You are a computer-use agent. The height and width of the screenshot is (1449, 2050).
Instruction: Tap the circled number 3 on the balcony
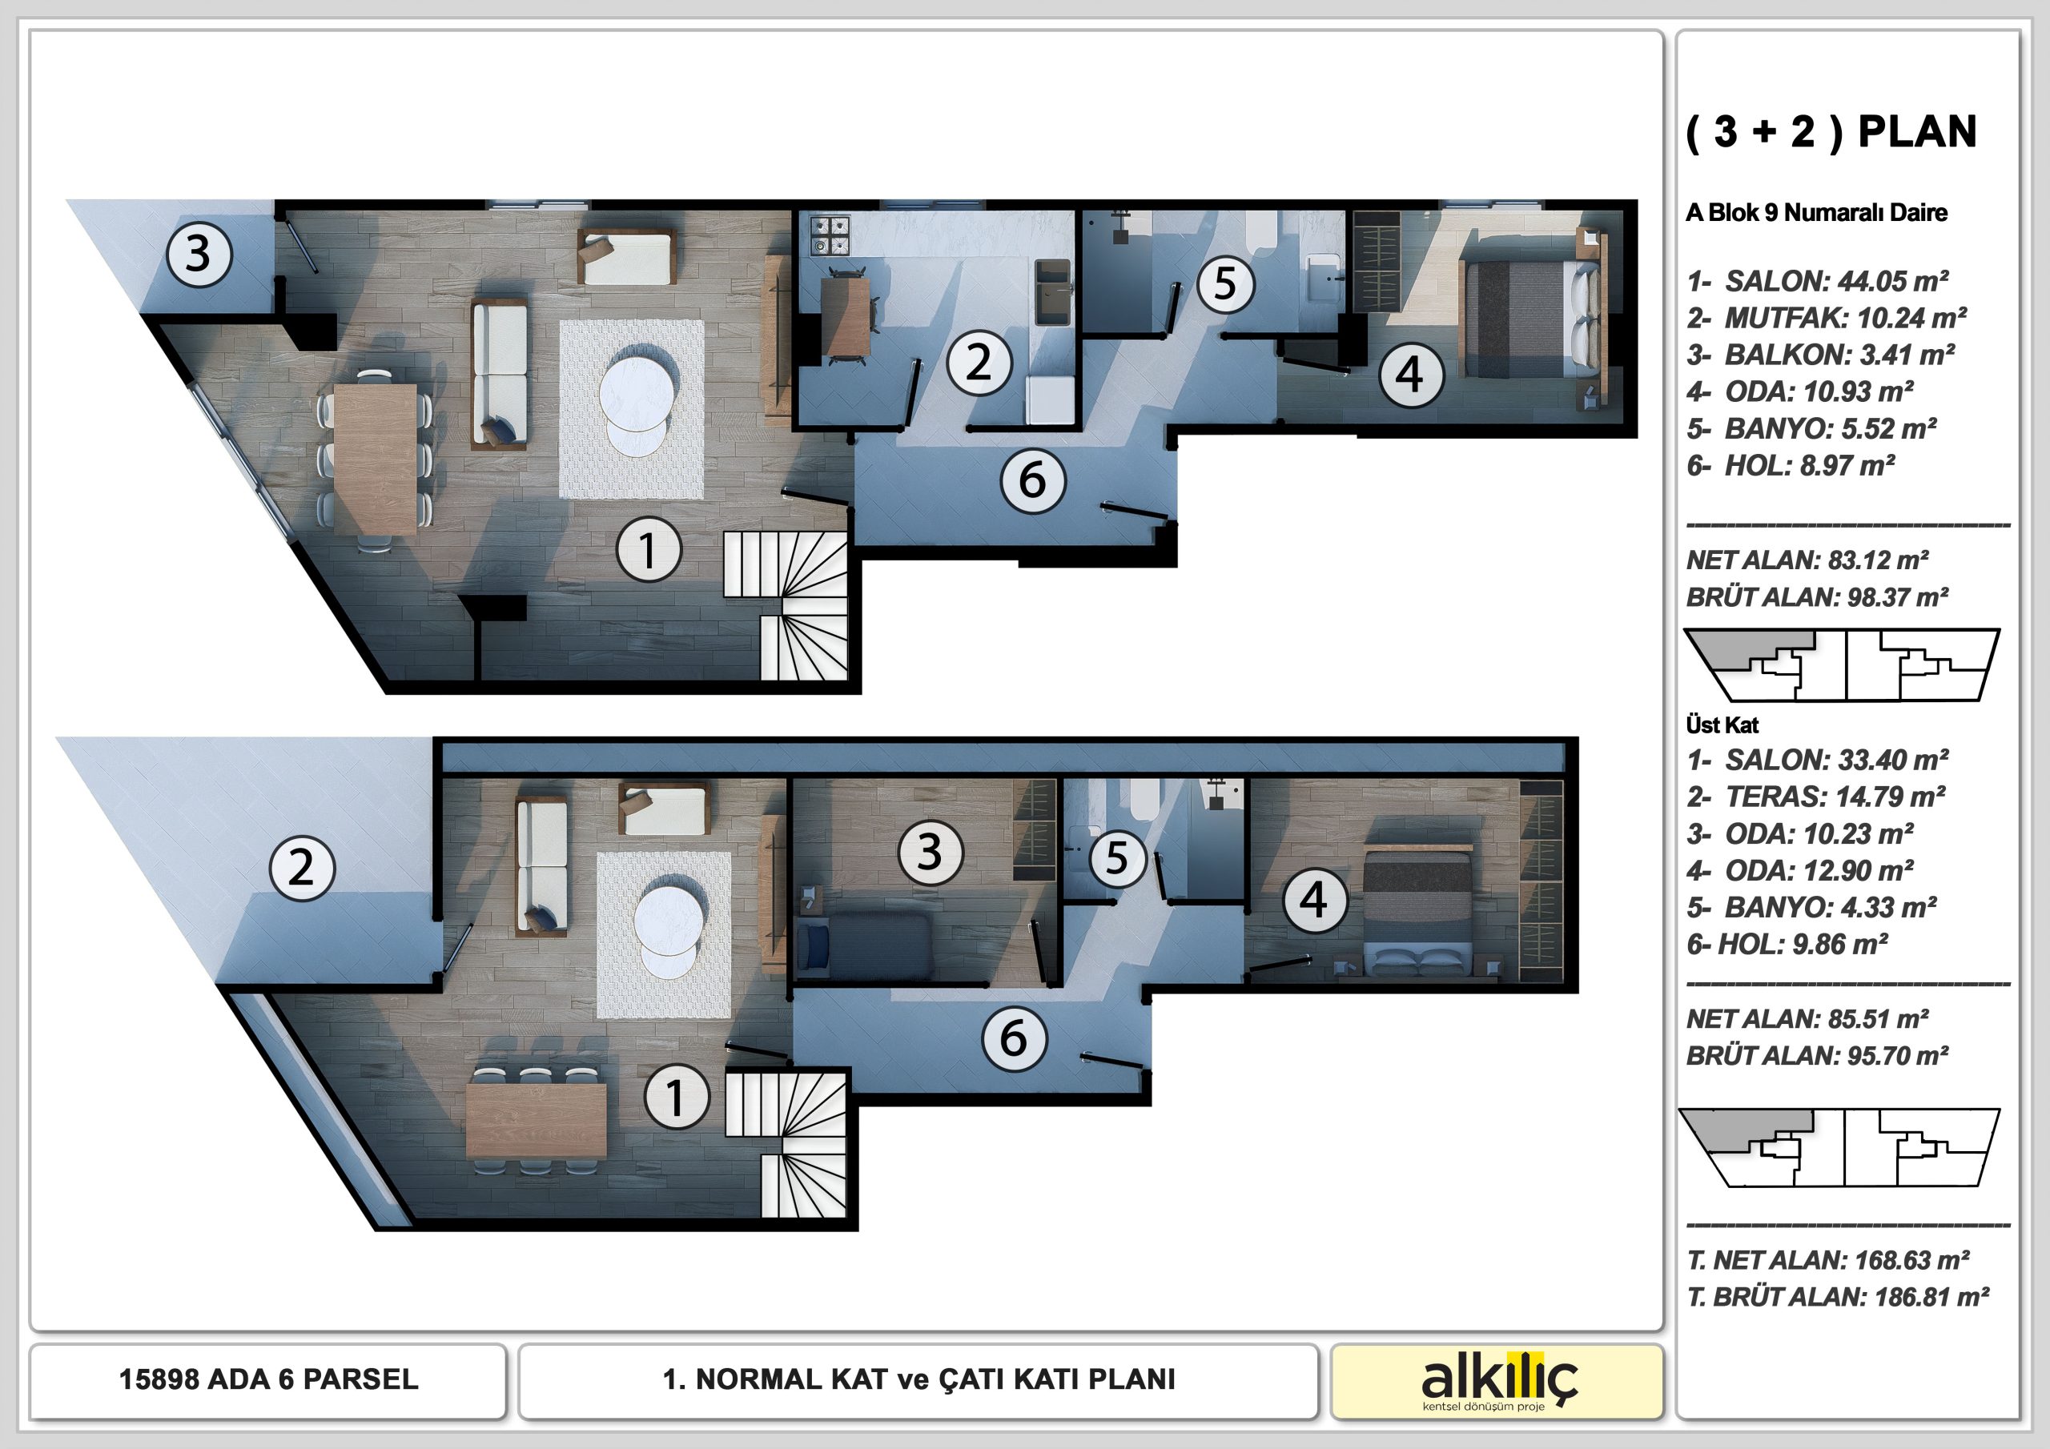coord(199,254)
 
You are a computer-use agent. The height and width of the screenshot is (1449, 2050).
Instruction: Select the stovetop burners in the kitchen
coord(830,234)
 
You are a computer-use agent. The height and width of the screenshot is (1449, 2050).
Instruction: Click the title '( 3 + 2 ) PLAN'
coord(1831,133)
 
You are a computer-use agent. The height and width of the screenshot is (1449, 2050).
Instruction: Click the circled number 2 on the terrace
coord(302,868)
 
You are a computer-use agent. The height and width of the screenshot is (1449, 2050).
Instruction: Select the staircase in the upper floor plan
coord(785,605)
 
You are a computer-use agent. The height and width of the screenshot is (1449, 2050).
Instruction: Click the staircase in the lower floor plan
coord(786,1145)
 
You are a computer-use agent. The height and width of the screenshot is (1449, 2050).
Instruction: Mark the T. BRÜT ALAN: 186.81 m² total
coord(1838,1296)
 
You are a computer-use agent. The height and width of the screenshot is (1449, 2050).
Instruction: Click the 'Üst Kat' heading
coord(1722,725)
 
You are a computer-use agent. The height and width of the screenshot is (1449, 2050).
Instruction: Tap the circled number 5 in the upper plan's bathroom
coord(1225,284)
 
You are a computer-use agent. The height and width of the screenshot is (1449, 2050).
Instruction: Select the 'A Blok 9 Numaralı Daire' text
coord(1817,212)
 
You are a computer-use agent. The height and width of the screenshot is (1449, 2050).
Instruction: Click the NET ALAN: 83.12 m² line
coord(1807,560)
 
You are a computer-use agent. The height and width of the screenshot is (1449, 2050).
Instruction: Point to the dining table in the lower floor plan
coord(536,1121)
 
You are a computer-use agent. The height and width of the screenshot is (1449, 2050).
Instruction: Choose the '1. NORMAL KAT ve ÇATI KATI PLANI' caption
coord(918,1379)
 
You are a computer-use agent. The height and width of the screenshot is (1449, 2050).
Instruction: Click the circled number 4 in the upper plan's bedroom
coord(1410,374)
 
